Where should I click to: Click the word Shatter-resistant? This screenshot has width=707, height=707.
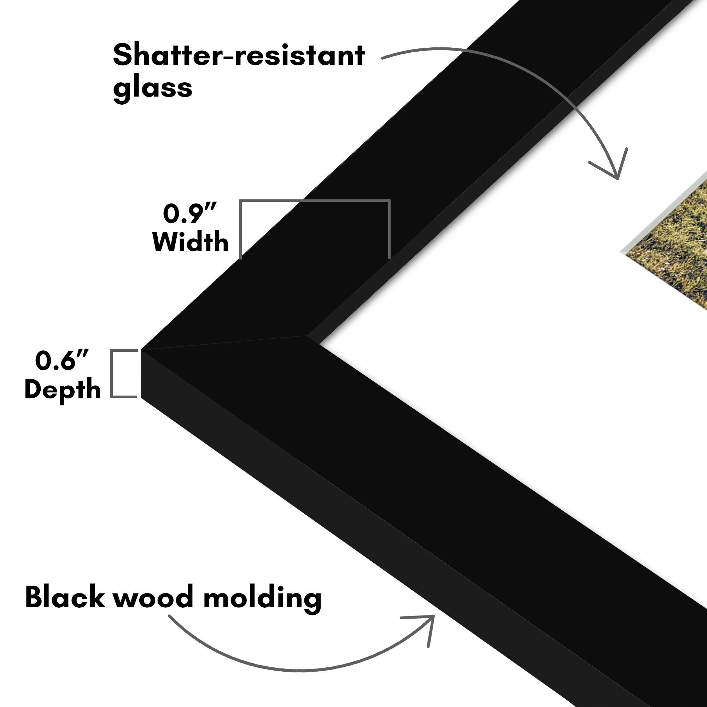click(x=239, y=55)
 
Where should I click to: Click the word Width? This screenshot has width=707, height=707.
click(x=190, y=241)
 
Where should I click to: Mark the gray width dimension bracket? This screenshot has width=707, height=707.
click(x=315, y=201)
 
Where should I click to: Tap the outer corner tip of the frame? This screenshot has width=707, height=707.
click(x=142, y=350)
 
